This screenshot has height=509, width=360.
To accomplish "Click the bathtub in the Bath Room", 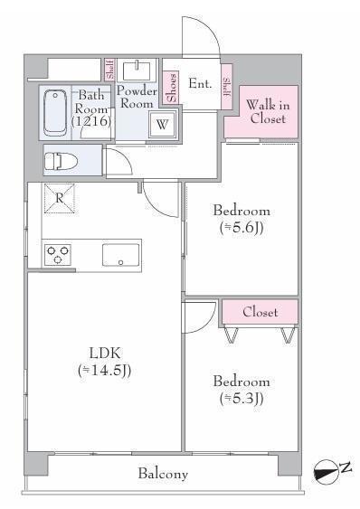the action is pos(55,112).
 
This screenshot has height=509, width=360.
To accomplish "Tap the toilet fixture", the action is pos(61,161).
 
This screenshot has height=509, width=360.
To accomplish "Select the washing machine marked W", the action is pos(163,125).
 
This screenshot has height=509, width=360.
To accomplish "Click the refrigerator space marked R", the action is pos(59,198).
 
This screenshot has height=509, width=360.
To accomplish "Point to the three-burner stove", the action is pos(58,254).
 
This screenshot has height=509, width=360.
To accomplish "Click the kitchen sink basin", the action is pos(121,255).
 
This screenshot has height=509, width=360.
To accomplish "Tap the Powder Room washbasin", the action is pos(137,71).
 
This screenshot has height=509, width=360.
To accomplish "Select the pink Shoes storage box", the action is pos(171,87).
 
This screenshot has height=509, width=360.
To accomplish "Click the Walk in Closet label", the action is pos(268,112).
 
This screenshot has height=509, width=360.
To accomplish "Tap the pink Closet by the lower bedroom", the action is pos(260,312).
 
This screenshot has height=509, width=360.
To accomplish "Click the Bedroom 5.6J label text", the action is pos(242,219).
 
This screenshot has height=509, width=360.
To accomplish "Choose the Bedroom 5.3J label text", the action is pos(242,390).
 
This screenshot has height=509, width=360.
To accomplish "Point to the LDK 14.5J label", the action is pos(105,362).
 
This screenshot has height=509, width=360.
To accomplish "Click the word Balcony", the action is pos(163,474).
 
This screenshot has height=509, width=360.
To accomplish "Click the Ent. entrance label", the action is pos(200,83).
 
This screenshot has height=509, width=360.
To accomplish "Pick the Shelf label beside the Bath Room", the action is pos(110,69).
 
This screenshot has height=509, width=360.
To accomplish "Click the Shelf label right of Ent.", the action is pos(227,87).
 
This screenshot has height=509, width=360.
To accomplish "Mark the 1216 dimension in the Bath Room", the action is pos(91,121).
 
